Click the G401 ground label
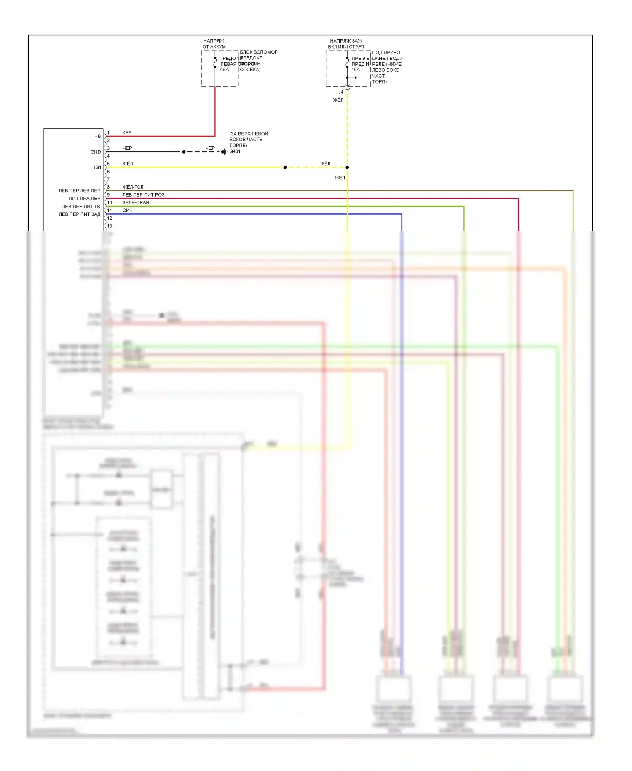(235, 151)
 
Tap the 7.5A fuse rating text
(224, 70)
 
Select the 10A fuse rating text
(356, 70)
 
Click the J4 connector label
(341, 92)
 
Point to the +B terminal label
(98, 136)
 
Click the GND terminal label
(96, 152)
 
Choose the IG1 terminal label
(97, 167)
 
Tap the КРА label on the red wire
(127, 132)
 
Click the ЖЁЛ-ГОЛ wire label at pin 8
(133, 187)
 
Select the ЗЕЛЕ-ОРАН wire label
(136, 202)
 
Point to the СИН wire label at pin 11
(127, 210)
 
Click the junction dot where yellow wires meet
(347, 167)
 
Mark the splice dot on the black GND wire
(184, 152)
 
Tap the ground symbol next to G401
(225, 152)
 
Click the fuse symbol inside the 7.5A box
(215, 63)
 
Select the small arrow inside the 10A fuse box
(353, 78)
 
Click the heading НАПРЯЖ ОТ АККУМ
(214, 44)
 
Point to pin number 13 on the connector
(110, 226)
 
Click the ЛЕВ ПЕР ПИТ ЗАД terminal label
(80, 214)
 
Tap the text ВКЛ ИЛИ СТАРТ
(346, 47)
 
